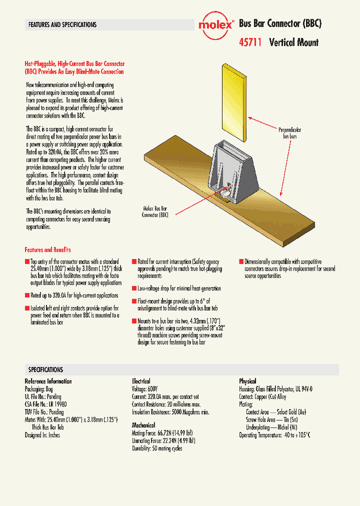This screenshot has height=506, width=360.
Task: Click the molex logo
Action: tap(215, 24)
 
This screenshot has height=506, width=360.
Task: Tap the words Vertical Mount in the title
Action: tap(293, 42)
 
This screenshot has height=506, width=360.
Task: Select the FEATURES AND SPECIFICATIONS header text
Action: tap(62, 24)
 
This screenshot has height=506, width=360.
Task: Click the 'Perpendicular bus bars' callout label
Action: tap(289, 132)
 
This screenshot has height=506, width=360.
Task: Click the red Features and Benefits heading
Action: tap(47, 249)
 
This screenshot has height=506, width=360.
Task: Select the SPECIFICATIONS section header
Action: tap(45, 369)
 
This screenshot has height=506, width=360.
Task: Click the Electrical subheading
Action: tap(141, 381)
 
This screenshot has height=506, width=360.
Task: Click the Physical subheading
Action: tap(247, 381)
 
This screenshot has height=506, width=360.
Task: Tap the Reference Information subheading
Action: tap(48, 381)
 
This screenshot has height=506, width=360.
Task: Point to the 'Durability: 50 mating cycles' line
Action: tap(157, 448)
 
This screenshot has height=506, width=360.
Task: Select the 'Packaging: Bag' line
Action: tap(39, 389)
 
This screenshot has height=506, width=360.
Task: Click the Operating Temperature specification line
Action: tap(274, 435)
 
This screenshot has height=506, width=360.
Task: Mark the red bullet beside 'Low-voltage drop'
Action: tap(134, 288)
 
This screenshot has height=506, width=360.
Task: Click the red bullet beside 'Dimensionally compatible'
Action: tap(240, 261)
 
